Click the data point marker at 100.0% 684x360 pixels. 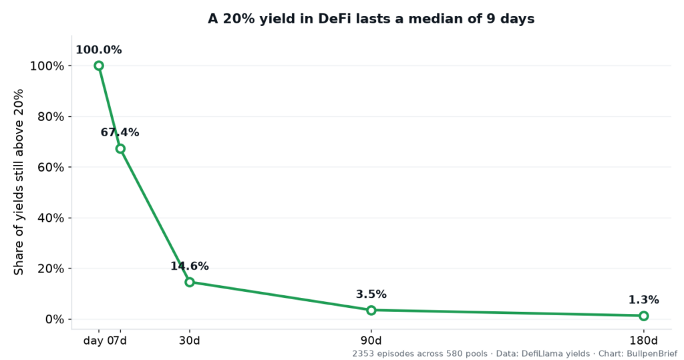tap(99, 65)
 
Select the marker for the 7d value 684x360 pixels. tap(120, 149)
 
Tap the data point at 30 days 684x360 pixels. tap(189, 282)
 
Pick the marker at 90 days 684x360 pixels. tap(371, 311)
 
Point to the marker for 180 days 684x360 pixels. tap(644, 315)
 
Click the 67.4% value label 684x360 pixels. tap(120, 132)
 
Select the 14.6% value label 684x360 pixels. tap(189, 266)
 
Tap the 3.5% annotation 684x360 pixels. tap(371, 294)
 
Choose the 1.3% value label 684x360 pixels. tap(644, 300)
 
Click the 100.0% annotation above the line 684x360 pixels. tap(99, 49)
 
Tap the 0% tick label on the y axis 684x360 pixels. tap(55, 319)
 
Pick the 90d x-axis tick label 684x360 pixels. tap(371, 341)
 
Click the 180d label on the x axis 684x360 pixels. tap(644, 341)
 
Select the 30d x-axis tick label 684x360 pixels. tap(189, 341)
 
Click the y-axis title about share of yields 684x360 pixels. tap(18, 182)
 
